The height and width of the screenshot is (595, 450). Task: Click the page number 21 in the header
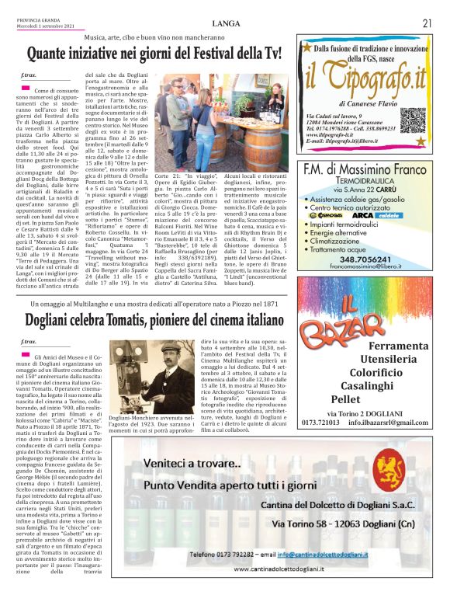427,23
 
